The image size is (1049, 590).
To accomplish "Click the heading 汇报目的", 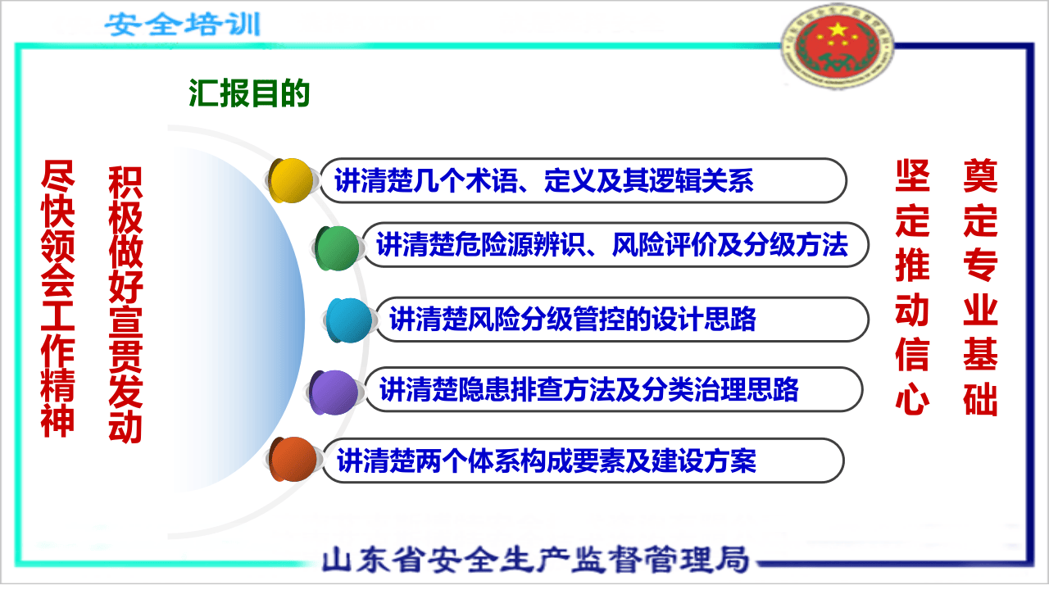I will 249,93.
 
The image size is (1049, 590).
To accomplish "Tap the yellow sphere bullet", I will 292,180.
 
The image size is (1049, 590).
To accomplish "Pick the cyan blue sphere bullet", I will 349,320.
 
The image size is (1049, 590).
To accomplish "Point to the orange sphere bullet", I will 293,461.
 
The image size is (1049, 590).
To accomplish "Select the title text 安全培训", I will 182,25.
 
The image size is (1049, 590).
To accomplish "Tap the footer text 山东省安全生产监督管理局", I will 536,560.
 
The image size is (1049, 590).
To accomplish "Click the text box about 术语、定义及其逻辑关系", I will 574,180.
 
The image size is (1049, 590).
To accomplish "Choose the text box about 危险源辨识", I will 611,244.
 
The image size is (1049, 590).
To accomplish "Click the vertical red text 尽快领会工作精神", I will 57,299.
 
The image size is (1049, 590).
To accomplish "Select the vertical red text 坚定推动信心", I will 912,287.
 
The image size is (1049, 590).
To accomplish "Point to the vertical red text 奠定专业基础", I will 980,287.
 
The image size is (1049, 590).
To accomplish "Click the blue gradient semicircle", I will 238,320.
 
